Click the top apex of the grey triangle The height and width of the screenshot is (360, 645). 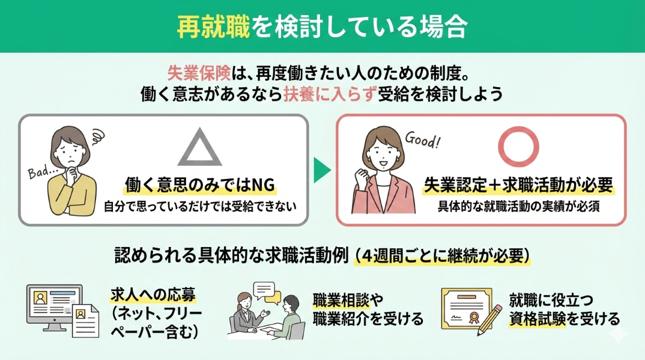pos(200,128)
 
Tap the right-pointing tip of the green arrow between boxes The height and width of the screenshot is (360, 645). pos(331,170)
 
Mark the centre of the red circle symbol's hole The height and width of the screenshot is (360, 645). pos(518,147)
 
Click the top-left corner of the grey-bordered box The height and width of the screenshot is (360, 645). pos(19,115)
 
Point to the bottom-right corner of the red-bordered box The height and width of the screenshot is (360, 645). pos(626,225)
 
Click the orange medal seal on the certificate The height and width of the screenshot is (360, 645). pos(474,317)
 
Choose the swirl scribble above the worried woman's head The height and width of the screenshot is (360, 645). pos(97,136)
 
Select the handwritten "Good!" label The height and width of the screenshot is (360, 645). pos(422,139)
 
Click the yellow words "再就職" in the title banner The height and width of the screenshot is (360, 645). pos(213,26)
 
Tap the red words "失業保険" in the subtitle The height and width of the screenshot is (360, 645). pos(199,74)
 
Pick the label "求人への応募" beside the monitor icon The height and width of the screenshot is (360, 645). pos(153,294)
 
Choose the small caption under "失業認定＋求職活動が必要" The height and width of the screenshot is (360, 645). pos(518,206)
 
